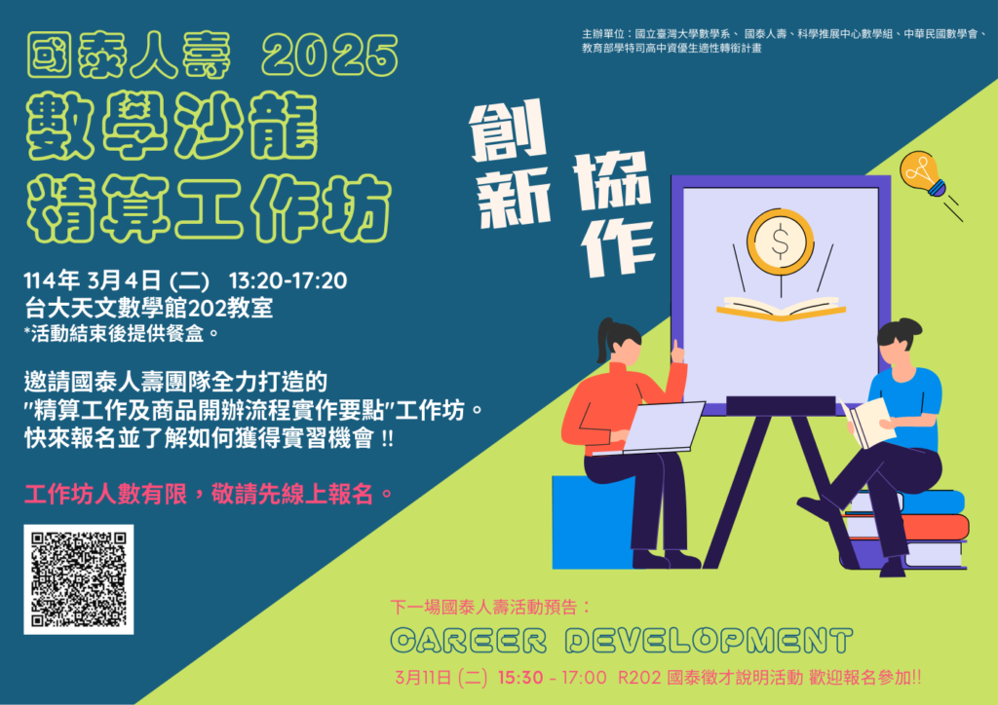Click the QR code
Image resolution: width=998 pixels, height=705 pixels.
click(78, 579)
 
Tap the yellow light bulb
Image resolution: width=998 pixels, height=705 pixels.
click(922, 173)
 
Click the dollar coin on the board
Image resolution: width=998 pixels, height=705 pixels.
click(781, 241)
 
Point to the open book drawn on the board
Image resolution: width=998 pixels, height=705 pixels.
click(781, 309)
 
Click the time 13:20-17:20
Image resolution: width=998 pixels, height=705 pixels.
click(288, 280)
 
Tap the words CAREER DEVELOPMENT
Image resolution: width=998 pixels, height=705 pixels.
click(621, 640)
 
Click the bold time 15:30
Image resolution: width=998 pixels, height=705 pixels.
click(520, 678)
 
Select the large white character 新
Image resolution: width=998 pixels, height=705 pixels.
click(513, 197)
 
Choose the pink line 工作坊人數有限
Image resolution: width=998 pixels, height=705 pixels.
click(105, 494)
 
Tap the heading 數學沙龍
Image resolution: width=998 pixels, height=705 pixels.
click(172, 125)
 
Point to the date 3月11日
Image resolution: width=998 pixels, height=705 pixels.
click(423, 678)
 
